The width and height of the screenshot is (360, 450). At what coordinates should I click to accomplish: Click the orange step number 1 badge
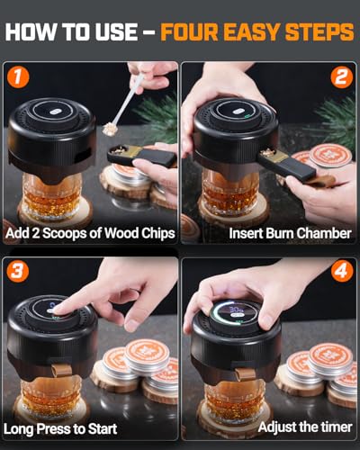18,77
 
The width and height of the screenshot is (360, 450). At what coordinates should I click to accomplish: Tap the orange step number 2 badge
342,77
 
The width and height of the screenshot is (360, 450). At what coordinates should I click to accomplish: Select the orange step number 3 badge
18,272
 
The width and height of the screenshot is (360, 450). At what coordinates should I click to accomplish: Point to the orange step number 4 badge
342,272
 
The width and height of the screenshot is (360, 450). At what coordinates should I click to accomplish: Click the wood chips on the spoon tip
109,130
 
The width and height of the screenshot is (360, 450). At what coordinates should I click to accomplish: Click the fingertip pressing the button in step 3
58,309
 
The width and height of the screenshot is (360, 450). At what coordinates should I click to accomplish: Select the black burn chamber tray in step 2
285,165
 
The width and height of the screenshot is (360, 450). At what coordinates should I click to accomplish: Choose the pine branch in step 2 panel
337,120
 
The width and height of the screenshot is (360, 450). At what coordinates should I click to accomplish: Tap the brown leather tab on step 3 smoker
61,370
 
